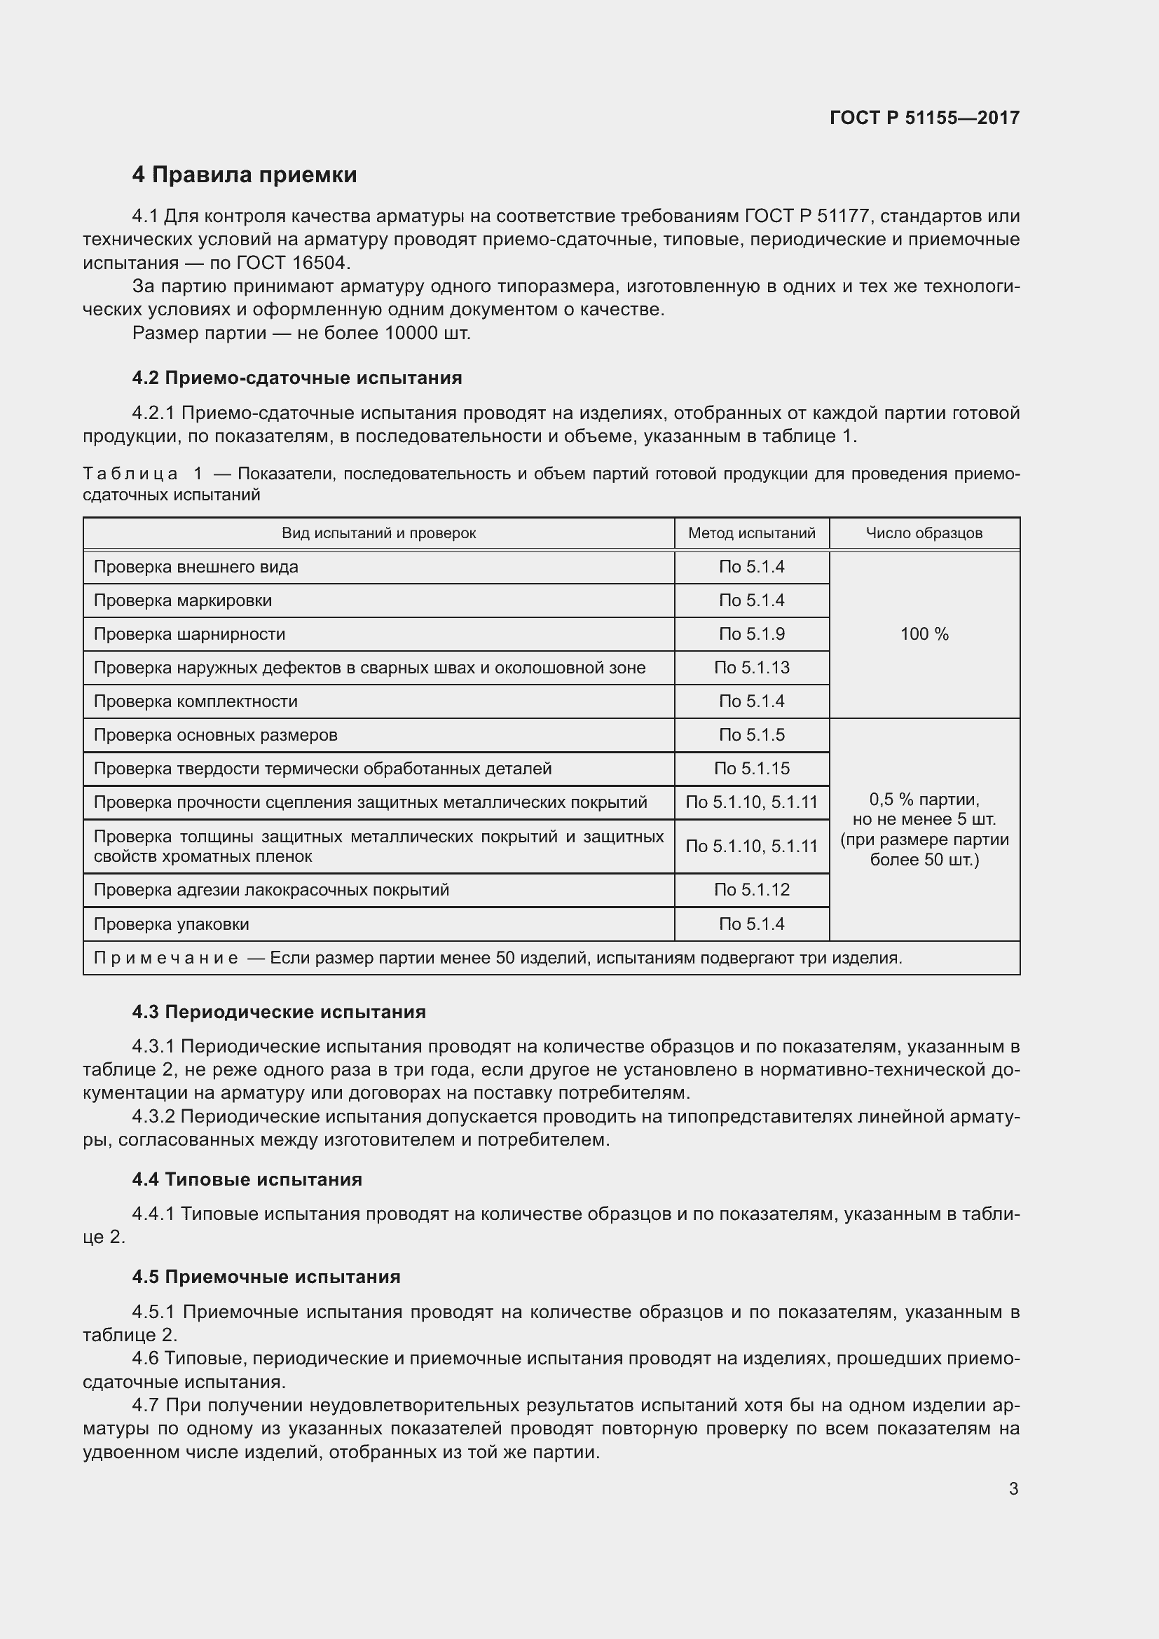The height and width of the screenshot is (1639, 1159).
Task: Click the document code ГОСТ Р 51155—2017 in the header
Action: coord(924,118)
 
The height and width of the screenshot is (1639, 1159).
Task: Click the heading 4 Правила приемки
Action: coord(244,175)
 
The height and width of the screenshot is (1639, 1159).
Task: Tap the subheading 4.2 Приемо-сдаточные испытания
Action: coord(297,378)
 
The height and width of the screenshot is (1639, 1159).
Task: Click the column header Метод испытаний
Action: coord(751,533)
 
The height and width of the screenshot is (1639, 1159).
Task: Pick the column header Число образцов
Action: coord(924,533)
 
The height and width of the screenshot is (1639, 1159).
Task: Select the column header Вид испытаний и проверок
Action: coord(378,533)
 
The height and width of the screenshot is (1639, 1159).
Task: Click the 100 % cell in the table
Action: coord(924,634)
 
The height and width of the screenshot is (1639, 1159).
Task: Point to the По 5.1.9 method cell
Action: coord(751,634)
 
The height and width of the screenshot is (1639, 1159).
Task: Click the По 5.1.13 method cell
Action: coord(751,668)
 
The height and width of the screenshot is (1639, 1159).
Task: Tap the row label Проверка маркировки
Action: coord(183,601)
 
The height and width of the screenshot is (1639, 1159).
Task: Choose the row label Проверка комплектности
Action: coord(196,701)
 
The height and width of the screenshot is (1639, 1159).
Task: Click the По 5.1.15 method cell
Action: coord(751,769)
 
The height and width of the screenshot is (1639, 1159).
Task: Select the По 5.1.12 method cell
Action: coord(751,889)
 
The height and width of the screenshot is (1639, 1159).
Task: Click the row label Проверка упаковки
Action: coord(171,924)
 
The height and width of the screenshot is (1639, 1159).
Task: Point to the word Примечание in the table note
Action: coord(165,958)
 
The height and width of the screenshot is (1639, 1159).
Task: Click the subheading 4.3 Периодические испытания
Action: coord(279,1013)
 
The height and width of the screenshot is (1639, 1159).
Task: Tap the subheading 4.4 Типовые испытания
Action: coord(247,1179)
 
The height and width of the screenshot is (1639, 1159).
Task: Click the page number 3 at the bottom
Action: coord(1013,1489)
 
